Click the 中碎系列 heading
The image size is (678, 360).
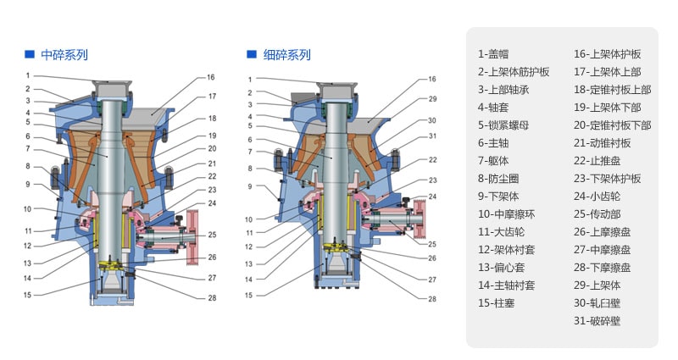click(x=64, y=55)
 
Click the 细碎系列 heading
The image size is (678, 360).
click(x=287, y=55)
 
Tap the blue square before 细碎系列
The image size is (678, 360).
click(x=251, y=54)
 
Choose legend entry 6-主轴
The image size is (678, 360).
click(x=497, y=143)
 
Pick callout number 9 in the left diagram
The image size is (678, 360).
click(x=27, y=184)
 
